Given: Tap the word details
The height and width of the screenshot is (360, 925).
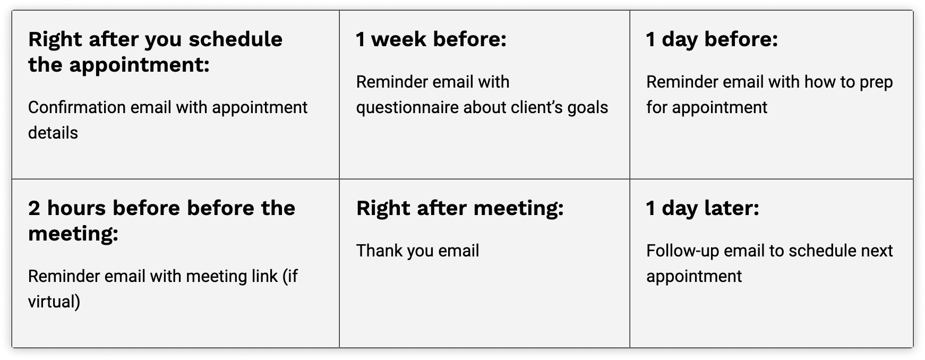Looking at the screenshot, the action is pos(53,133).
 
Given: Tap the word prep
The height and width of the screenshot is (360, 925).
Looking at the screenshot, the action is pos(876,82).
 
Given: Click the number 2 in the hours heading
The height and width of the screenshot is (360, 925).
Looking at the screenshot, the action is pos(34,208).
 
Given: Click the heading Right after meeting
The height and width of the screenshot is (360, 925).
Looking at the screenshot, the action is pos(460,209).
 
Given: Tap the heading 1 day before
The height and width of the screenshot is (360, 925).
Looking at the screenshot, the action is pos(712,40).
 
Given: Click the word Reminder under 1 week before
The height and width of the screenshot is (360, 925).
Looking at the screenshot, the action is pos(388,82).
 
